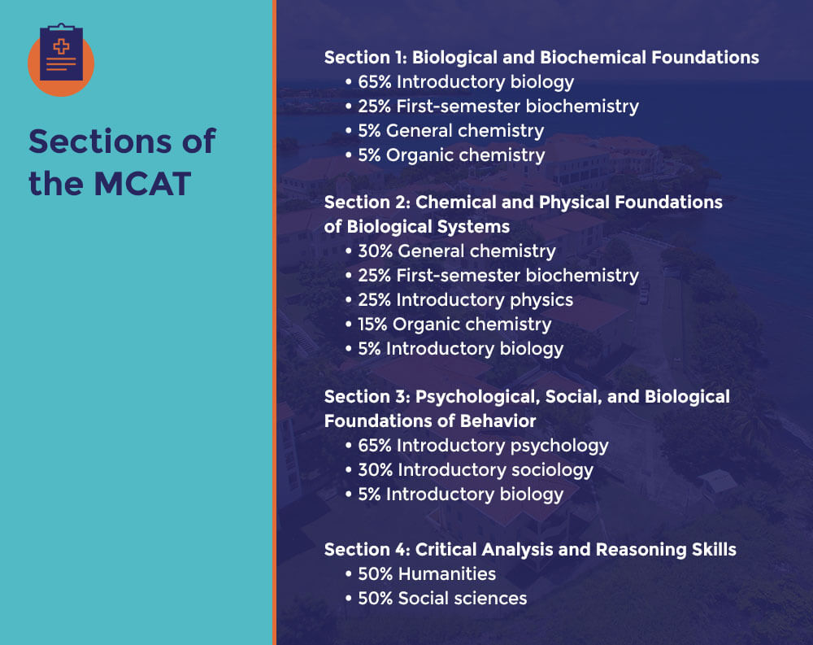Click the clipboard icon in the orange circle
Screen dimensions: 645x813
tap(61, 54)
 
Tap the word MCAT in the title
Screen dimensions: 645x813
tap(141, 184)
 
